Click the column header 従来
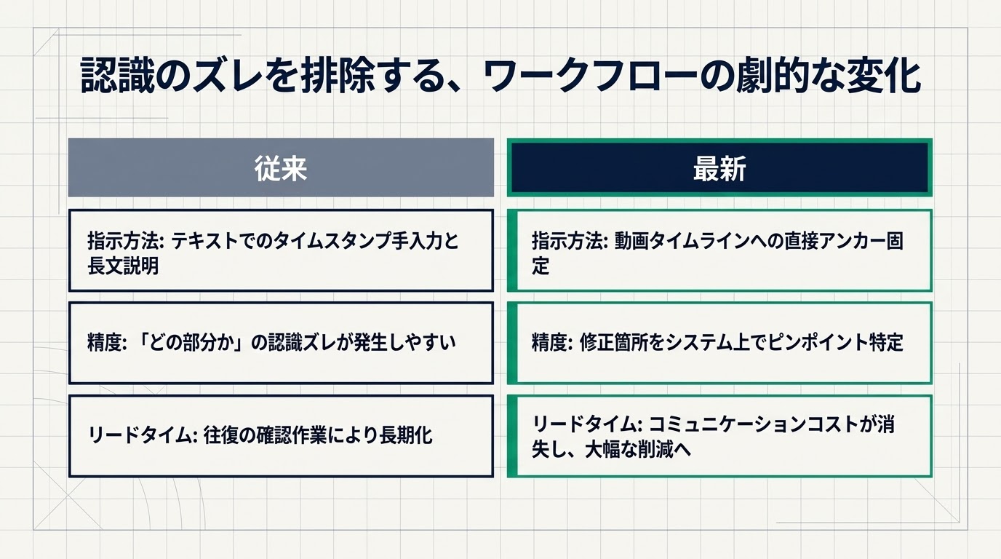(x=281, y=169)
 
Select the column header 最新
(x=719, y=169)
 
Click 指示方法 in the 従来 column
(x=124, y=241)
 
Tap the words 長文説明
(x=123, y=266)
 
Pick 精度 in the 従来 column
(x=105, y=343)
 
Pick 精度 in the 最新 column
(x=549, y=343)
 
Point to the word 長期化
(x=406, y=435)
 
